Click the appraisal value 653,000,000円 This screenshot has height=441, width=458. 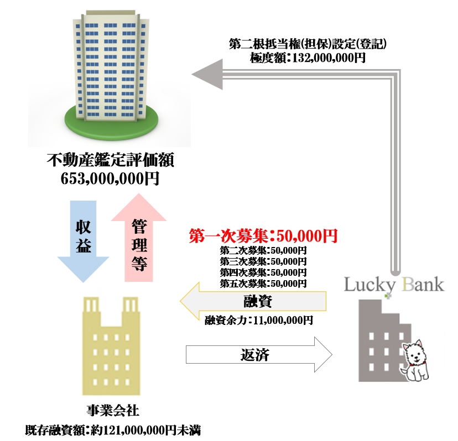(111, 178)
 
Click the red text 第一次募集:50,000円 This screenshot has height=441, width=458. (263, 237)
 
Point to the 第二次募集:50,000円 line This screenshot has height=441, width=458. (263, 250)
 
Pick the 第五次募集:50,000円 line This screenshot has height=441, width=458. (263, 283)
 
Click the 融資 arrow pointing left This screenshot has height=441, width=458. (254, 302)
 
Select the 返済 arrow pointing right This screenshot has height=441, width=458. (257, 354)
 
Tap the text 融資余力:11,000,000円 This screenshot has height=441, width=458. (259, 320)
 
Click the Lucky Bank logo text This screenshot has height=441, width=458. (394, 285)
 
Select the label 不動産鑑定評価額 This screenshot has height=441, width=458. (111, 161)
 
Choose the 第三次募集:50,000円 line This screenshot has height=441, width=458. (263, 261)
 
